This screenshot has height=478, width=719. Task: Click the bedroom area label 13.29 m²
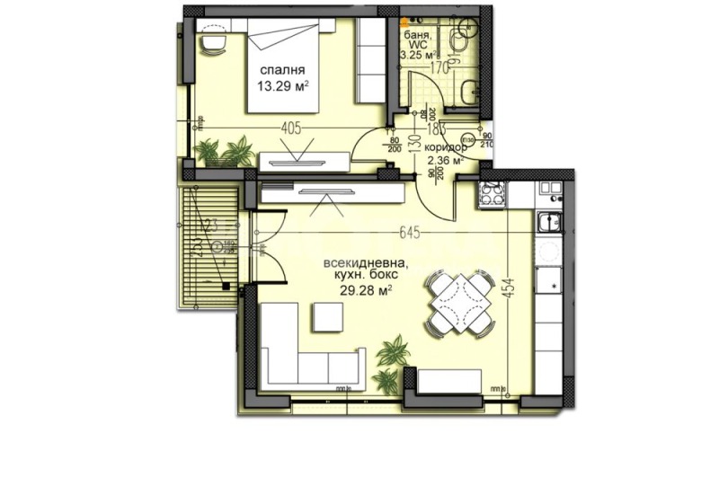point(282,87)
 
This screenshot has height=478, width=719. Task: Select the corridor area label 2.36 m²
point(445,162)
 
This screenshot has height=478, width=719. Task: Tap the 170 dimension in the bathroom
point(438,66)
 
